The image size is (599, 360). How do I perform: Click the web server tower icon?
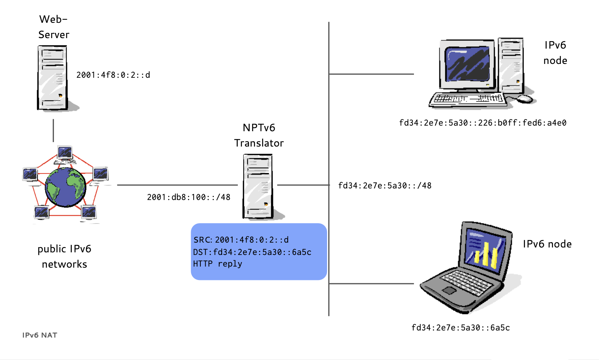point(53,78)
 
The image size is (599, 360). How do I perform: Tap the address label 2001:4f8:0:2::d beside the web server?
point(113,75)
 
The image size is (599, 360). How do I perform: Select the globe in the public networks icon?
point(65,187)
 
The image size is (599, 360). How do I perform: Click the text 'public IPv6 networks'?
point(64,256)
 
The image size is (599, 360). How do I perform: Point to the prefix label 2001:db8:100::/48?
point(188,197)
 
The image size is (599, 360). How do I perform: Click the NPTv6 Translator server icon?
point(258,186)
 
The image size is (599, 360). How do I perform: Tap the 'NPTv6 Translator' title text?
point(259,135)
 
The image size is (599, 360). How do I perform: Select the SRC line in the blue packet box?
point(241,240)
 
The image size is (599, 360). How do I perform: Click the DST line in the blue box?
point(252,252)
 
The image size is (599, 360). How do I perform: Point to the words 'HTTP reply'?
point(217,264)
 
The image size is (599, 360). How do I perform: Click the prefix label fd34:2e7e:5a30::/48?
point(384,186)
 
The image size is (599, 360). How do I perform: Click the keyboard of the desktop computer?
point(468,99)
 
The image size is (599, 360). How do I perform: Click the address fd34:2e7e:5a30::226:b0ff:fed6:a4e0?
point(482,123)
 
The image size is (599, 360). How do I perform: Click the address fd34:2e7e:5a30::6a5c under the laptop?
point(460,328)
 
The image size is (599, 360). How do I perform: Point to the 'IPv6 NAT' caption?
point(40,335)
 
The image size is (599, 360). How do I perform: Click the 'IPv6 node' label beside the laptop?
point(547,244)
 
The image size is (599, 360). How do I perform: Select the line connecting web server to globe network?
point(53,130)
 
